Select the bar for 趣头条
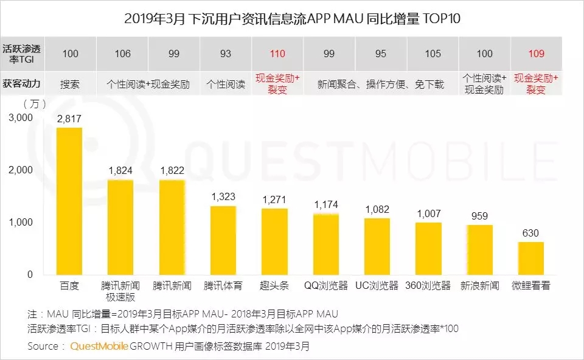click(x=275, y=241)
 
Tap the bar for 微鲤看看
click(x=531, y=258)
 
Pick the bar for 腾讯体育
click(x=223, y=240)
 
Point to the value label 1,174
click(x=326, y=206)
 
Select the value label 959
click(x=480, y=216)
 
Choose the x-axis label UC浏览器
click(x=377, y=285)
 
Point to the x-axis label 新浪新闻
click(x=480, y=285)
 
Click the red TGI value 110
click(x=277, y=54)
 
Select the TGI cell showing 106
click(x=122, y=54)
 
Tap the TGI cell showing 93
click(x=226, y=54)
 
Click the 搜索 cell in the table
click(x=70, y=84)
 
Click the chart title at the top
click(x=292, y=18)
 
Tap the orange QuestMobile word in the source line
click(x=99, y=346)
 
